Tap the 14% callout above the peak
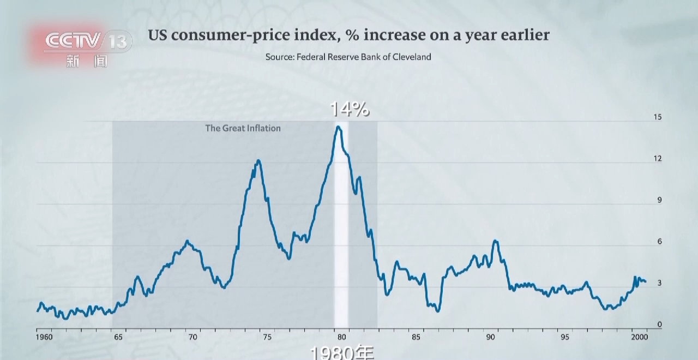click(x=350, y=110)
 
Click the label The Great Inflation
click(x=243, y=128)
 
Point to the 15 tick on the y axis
click(x=658, y=117)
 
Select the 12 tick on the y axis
click(x=658, y=159)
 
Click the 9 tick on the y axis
click(x=659, y=200)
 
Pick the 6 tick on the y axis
click(x=659, y=242)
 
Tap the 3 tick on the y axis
click(x=659, y=283)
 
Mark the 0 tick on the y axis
click(x=659, y=325)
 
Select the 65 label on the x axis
click(x=118, y=337)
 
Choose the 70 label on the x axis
click(x=192, y=337)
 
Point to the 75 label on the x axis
click(x=267, y=337)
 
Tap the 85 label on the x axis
click(x=416, y=337)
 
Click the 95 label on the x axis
click(x=565, y=337)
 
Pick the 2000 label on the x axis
click(x=639, y=337)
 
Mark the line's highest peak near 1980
click(x=339, y=127)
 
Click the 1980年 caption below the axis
click(x=342, y=353)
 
